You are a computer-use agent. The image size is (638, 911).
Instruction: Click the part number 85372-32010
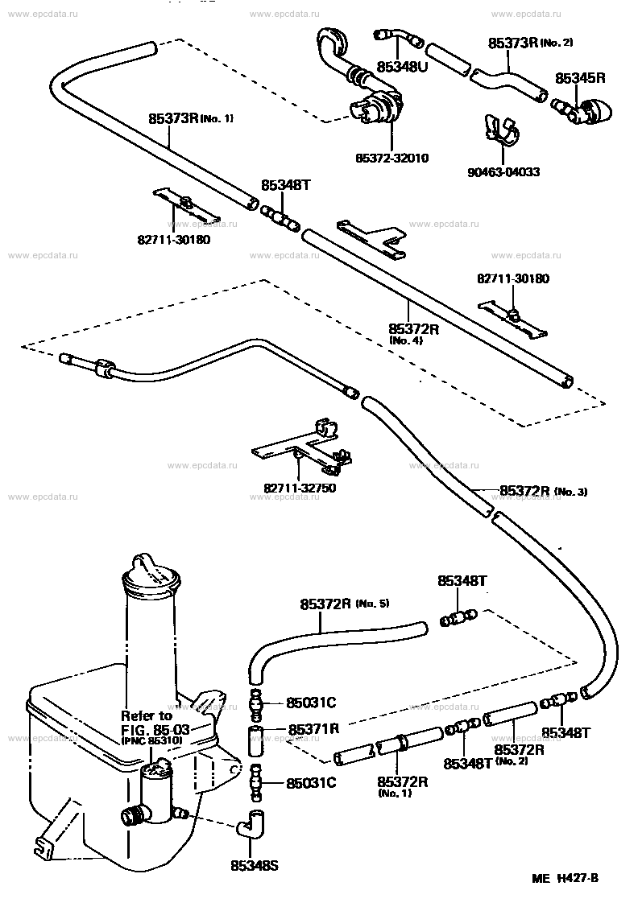pos(392,158)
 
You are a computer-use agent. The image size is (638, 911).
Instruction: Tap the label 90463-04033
pos(503,172)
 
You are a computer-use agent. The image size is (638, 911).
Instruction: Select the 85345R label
pos(580,78)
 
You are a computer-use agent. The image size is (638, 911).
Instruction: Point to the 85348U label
pos(402,67)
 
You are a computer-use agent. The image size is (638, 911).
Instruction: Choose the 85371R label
pos(313,728)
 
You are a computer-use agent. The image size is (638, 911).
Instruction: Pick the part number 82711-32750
pos(300,488)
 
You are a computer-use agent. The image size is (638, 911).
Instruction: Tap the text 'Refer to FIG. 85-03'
pos(155,722)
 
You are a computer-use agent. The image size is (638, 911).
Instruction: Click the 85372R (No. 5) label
pos(344,604)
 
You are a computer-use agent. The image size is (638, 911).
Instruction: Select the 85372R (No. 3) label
pos(543,492)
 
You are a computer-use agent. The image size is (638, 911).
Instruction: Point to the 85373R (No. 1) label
pos(191,118)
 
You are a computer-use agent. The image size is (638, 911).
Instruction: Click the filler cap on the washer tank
pos(151,575)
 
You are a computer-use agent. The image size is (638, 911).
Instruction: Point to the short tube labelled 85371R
pos(256,740)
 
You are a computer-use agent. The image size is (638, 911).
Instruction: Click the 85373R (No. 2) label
pos(530,43)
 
